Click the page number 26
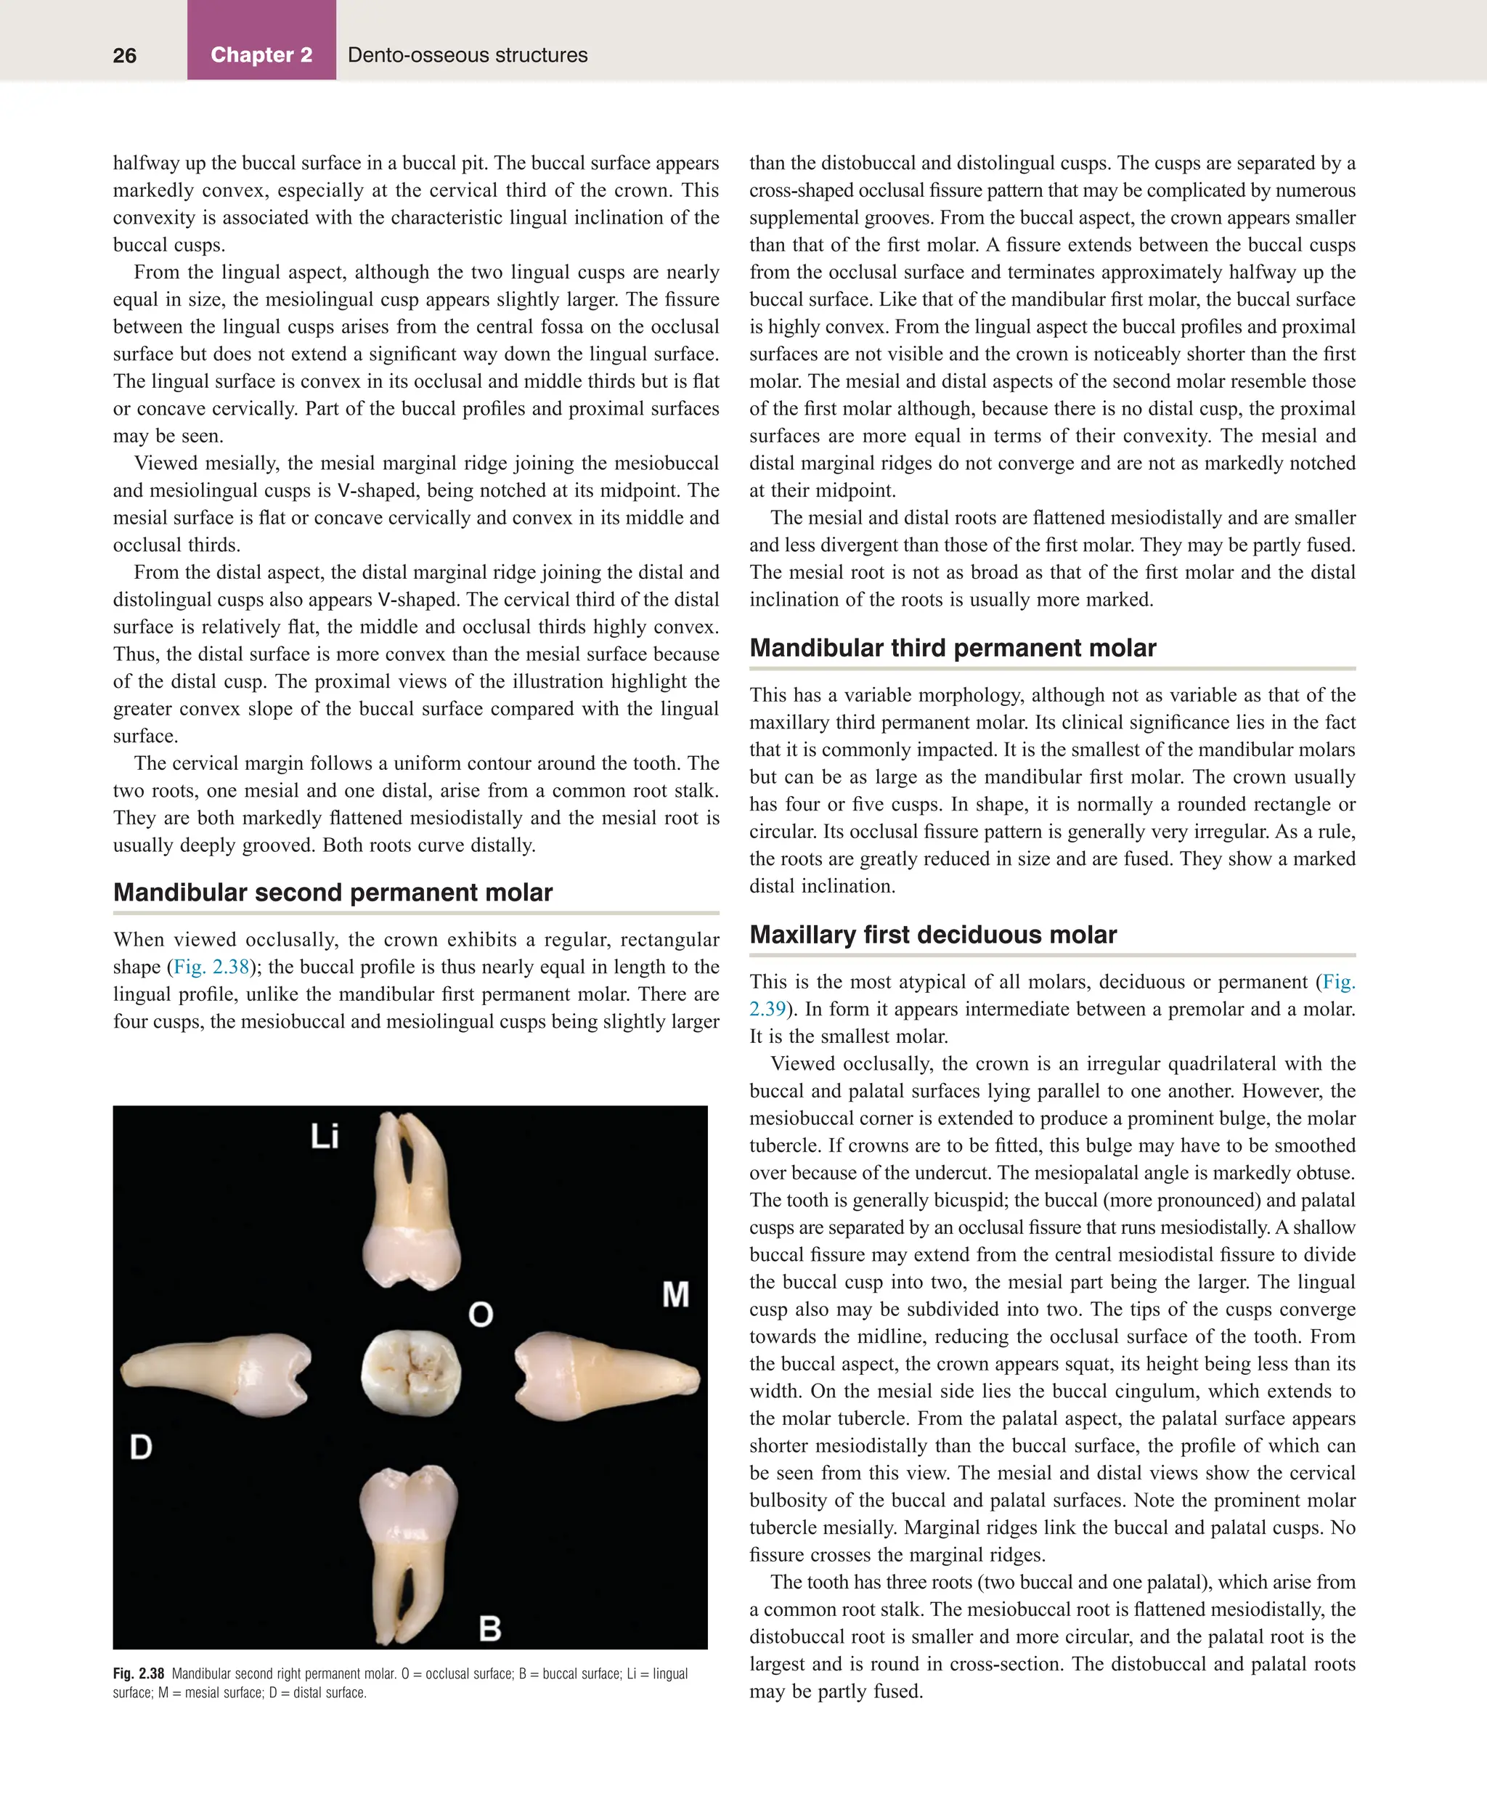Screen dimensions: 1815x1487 click(x=124, y=56)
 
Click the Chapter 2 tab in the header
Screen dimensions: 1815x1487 click(x=261, y=55)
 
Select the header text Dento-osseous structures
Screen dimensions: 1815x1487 click(x=467, y=55)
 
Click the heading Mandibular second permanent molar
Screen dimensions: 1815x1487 click(x=333, y=892)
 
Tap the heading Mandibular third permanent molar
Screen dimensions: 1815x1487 click(x=953, y=648)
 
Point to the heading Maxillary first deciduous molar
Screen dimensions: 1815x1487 click(x=933, y=934)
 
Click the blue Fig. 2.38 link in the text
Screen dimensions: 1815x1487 click(x=211, y=967)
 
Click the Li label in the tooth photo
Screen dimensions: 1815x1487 click(x=325, y=1137)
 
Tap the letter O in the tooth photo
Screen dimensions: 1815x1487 click(x=481, y=1314)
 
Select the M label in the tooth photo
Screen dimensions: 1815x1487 click(x=675, y=1294)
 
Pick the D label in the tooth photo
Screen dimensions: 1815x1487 click(x=140, y=1447)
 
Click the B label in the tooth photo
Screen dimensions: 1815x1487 click(x=490, y=1628)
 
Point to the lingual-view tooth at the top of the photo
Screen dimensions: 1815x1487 click(x=412, y=1201)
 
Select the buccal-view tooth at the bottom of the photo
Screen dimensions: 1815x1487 click(x=408, y=1551)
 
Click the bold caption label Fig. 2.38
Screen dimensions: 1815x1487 click(x=138, y=1673)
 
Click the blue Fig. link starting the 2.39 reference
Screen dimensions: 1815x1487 click(x=1339, y=981)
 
